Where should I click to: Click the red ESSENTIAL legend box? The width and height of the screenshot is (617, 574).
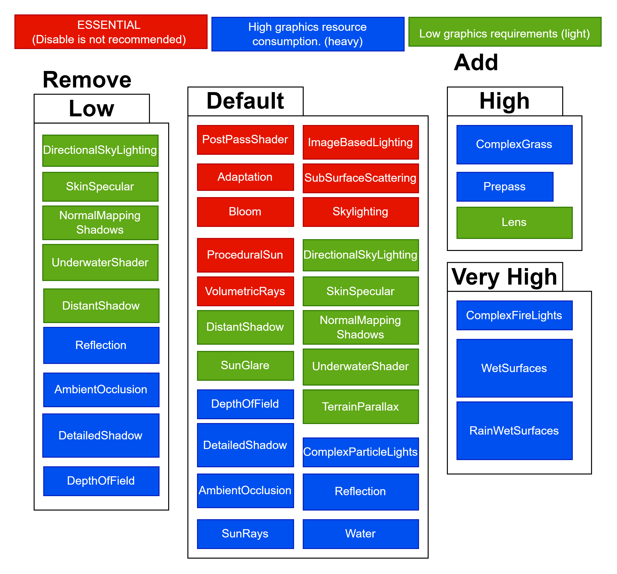(x=111, y=32)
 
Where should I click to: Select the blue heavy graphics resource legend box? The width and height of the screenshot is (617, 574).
(x=308, y=34)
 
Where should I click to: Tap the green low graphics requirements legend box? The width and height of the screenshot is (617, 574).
(x=505, y=32)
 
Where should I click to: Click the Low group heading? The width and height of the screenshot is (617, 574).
(x=91, y=109)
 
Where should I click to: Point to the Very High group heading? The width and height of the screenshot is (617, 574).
(x=505, y=277)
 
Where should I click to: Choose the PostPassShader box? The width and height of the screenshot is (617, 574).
(x=245, y=140)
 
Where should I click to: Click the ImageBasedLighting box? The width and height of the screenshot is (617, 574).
(x=361, y=142)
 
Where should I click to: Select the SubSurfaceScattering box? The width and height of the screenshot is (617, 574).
(x=361, y=178)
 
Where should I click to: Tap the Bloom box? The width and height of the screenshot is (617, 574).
(x=245, y=212)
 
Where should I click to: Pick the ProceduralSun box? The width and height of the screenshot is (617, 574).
(x=245, y=255)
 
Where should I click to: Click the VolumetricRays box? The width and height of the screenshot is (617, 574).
(x=245, y=291)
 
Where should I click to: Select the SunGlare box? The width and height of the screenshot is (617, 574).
(x=245, y=365)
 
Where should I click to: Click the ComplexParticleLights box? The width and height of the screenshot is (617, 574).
(x=361, y=452)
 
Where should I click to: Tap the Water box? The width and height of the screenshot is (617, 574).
(x=361, y=534)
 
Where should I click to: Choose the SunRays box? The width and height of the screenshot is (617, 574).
(x=245, y=534)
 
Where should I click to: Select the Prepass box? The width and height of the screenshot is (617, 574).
(x=505, y=187)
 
